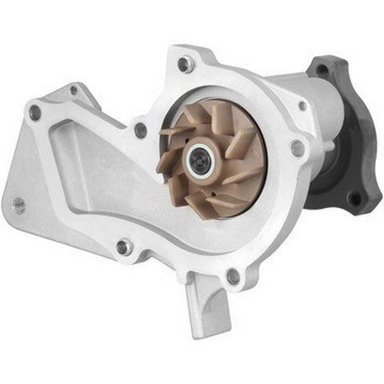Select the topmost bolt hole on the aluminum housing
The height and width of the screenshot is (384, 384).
(x=185, y=63)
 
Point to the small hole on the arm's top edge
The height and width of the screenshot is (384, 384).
(x=74, y=90)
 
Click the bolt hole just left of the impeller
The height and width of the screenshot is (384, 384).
(x=141, y=128)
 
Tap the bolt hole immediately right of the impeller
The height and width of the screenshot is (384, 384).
(x=297, y=148)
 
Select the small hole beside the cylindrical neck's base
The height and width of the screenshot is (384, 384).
(x=302, y=105)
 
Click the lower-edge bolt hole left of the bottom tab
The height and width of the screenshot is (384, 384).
(x=123, y=246)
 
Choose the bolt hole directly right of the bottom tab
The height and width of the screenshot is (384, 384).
(x=233, y=276)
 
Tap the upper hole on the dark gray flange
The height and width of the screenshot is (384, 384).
(x=321, y=71)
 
